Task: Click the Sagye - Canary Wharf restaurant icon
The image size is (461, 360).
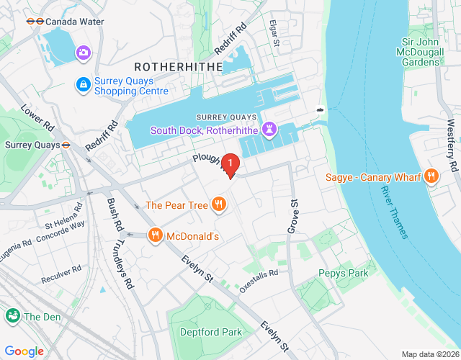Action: [431, 175]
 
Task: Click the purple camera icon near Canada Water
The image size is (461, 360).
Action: [84, 52]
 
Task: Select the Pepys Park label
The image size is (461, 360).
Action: [343, 273]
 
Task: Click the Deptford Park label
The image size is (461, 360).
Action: [214, 332]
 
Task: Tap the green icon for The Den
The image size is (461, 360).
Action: [13, 316]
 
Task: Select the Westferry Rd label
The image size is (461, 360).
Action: [452, 145]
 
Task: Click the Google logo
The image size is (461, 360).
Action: [24, 351]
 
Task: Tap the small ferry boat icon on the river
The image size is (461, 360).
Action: [320, 110]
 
